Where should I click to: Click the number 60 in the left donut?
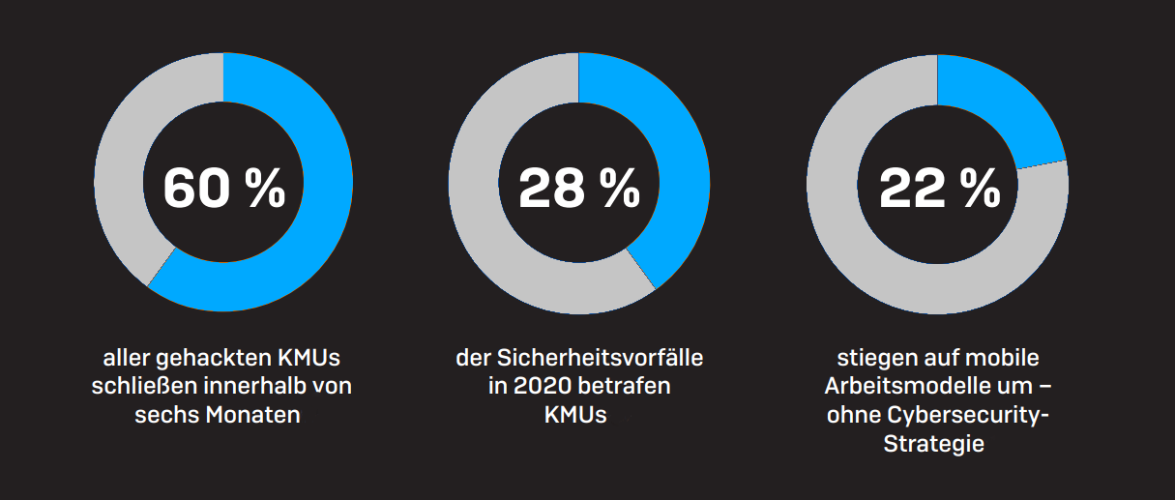coord(197,188)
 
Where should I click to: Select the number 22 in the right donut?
coord(911,188)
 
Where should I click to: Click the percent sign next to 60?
coord(265,188)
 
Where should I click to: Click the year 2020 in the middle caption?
coord(543,387)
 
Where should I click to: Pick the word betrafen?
coord(629,387)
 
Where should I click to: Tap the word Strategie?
coord(933,445)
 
